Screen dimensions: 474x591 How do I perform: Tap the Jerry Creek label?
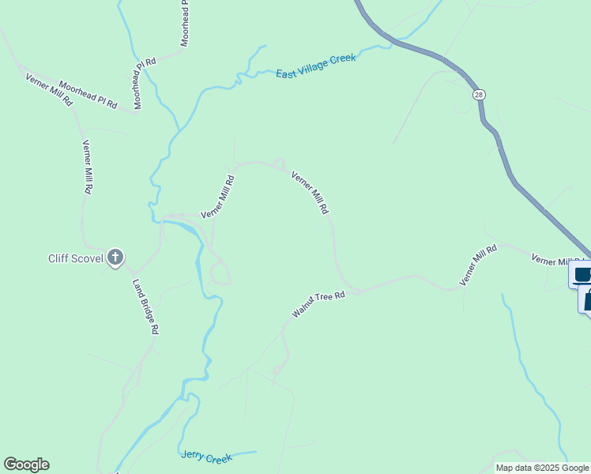[x=206, y=457]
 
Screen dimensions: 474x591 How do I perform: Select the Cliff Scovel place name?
[x=76, y=258]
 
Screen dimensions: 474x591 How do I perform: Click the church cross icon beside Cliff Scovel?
[x=115, y=257]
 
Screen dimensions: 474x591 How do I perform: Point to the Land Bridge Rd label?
[x=146, y=307]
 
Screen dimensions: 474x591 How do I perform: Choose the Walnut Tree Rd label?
[x=319, y=305]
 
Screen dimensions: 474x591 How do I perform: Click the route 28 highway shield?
[x=480, y=94]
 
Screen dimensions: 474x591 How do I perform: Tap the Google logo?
[x=26, y=465]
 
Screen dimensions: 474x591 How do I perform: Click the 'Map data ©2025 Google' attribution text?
[x=543, y=468]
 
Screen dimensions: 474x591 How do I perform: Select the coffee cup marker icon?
[x=582, y=275]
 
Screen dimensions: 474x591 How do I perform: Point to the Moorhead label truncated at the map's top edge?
[x=185, y=24]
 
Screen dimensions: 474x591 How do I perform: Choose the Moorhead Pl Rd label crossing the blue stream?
[x=146, y=81]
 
